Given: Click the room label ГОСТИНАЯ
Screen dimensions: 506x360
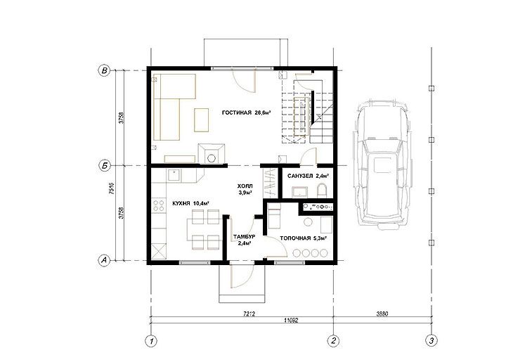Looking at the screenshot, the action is click(237, 112).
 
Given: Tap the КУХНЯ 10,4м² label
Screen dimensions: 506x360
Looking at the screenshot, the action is click(190, 203).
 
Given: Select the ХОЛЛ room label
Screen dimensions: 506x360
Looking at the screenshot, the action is click(245, 186).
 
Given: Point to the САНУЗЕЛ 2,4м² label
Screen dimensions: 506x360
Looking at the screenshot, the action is click(308, 176).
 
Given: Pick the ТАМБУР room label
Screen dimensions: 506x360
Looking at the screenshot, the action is click(245, 237).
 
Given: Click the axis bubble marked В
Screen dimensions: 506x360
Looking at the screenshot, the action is click(104, 71).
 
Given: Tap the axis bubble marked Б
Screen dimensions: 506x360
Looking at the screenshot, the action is click(104, 166).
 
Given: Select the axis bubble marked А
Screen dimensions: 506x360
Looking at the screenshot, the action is click(104, 260).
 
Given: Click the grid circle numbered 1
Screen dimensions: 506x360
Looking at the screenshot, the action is click(150, 340).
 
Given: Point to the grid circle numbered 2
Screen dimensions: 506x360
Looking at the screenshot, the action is click(333, 340).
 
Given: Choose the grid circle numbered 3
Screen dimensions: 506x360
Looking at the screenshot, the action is click(432, 340).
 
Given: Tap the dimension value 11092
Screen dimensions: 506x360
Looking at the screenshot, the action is click(291, 321).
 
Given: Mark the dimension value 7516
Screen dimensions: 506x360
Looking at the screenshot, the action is click(112, 188).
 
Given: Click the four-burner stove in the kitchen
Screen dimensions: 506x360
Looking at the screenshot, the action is click(158, 206).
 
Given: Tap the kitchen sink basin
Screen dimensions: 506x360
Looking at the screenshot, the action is click(174, 176).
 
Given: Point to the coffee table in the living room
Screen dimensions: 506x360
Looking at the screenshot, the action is click(202, 120).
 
